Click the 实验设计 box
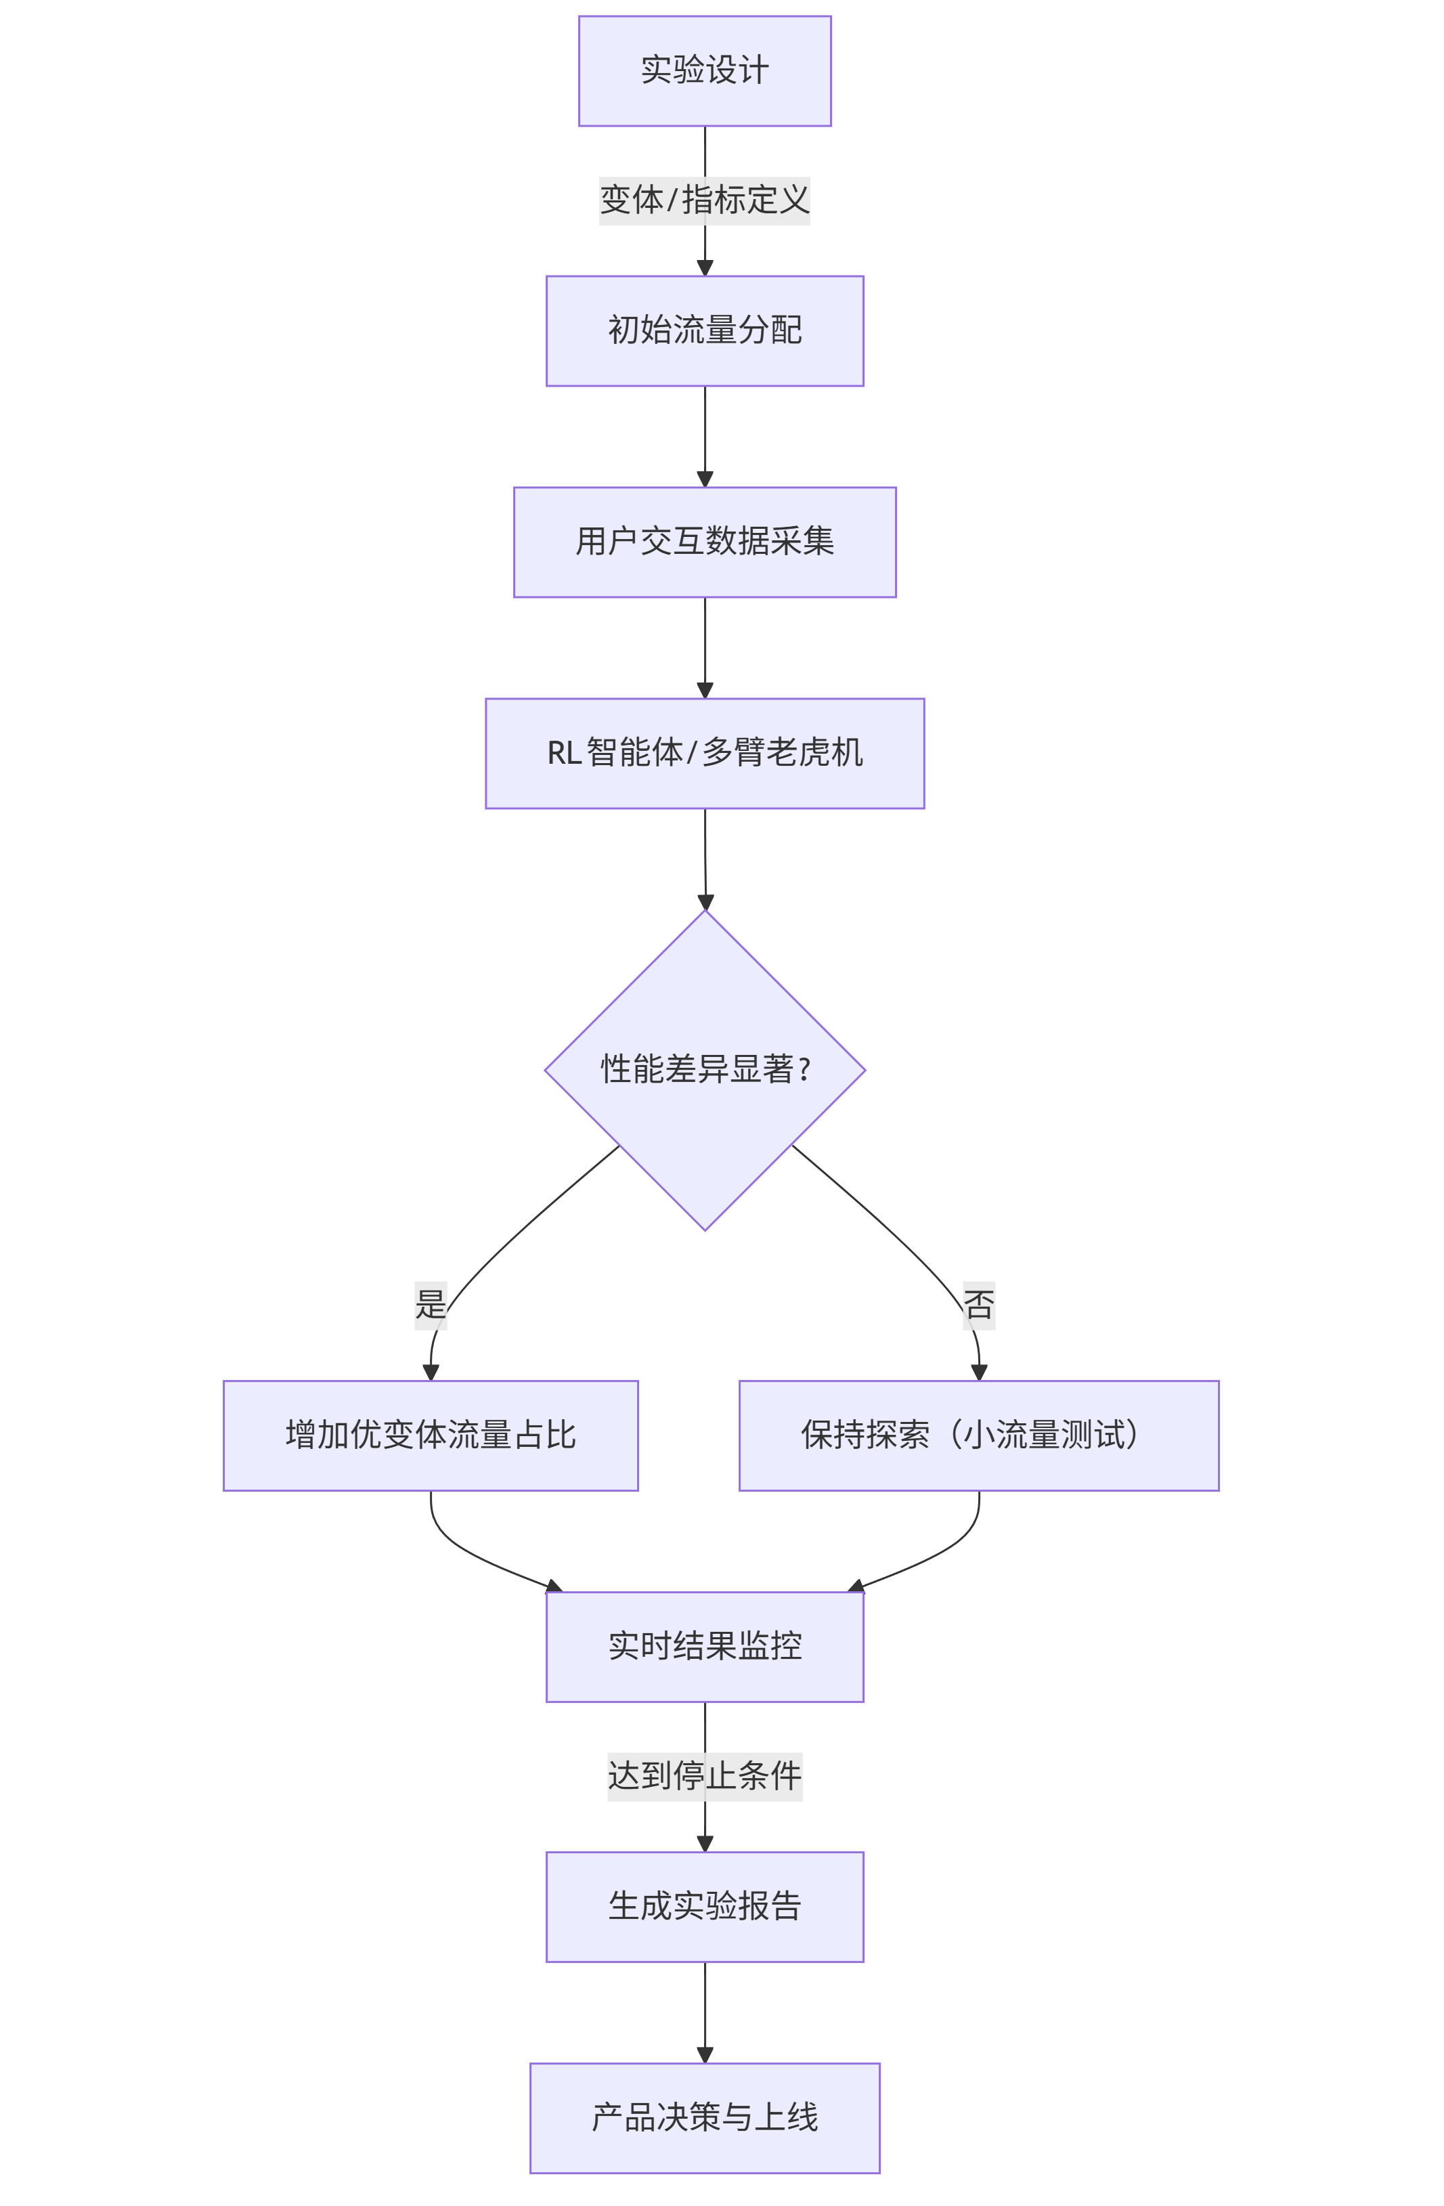click(x=704, y=70)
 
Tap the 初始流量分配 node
click(x=704, y=331)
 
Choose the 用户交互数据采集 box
click(x=704, y=542)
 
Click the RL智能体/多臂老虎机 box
click(x=704, y=754)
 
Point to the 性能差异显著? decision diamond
click(x=704, y=1070)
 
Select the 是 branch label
click(x=430, y=1305)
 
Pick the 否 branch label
click(x=979, y=1305)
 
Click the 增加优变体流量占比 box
click(x=430, y=1435)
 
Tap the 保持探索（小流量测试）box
click(x=979, y=1435)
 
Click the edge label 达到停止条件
click(x=704, y=1777)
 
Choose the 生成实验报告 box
click(x=704, y=1907)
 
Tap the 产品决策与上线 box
click(x=704, y=2118)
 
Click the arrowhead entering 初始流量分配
click(x=704, y=268)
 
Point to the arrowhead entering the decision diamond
click(x=705, y=902)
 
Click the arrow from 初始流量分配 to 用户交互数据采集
click(x=704, y=435)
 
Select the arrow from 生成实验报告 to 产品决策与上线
click(x=704, y=2012)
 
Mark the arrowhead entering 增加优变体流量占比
click(x=430, y=1372)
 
